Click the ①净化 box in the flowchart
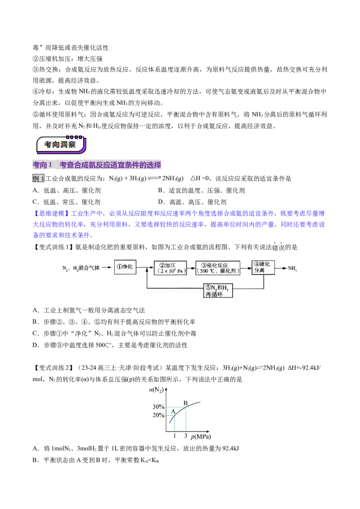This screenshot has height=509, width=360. coord(125,267)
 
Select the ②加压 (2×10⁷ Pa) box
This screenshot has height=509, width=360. coord(170,268)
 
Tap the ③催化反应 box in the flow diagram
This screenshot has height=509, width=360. coord(218,268)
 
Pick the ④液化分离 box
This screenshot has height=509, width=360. coord(263,267)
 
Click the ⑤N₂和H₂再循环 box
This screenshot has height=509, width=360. coord(218,290)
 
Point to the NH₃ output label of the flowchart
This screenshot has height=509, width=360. coord(292,268)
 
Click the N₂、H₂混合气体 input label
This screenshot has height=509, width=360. coord(81,268)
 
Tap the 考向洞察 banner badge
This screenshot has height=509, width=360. coord(61,145)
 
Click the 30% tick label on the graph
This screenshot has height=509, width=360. coord(158,407)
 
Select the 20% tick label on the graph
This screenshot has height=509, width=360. coord(158,415)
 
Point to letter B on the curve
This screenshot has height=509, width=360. coord(185,403)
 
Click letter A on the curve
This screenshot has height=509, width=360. coord(173,411)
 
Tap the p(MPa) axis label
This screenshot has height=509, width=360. coord(201,437)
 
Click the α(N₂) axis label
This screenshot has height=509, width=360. coord(156,390)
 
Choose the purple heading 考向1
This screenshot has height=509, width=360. coord(42,165)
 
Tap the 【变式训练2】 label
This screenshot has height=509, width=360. coord(51,368)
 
